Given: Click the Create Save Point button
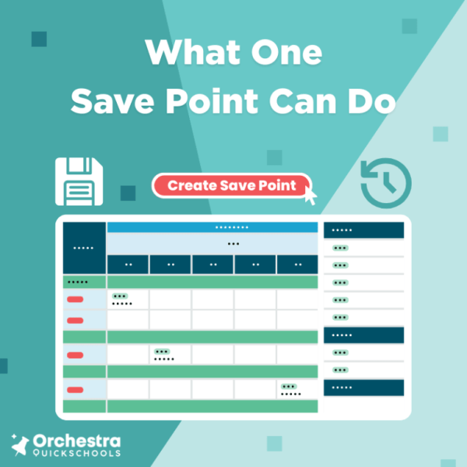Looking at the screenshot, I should tap(232, 185).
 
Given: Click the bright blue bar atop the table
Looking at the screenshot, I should tap(212, 227).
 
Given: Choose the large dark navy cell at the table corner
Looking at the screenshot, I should tap(84, 247).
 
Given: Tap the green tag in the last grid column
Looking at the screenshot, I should tap(289, 386).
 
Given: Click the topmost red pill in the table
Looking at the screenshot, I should tap(75, 299).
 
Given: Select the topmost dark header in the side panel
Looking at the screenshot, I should tap(363, 230).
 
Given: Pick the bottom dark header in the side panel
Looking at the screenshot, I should tap(363, 387).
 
